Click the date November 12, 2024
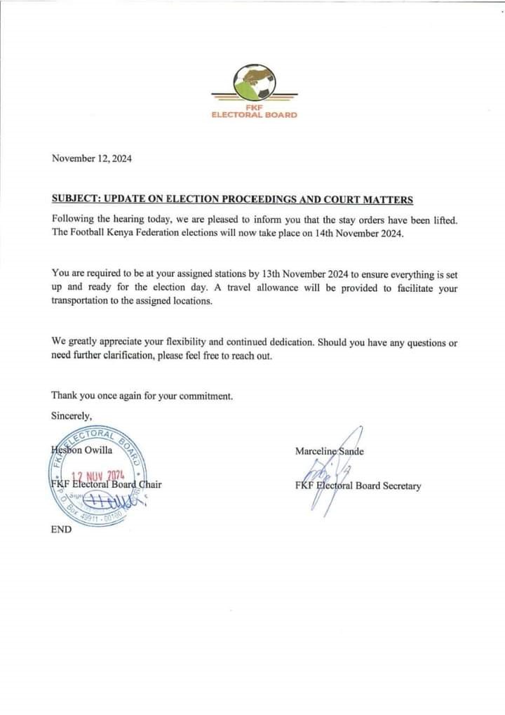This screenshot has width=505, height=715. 91,159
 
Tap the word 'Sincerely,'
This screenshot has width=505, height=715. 72,415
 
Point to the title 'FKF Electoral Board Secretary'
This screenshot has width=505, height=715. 358,486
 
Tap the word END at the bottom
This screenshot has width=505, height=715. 61,530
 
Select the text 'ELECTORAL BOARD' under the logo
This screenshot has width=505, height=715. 254,115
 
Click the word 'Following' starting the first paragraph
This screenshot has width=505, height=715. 73,220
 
